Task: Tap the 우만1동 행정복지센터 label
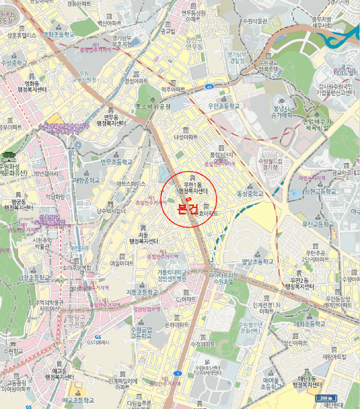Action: (193, 188)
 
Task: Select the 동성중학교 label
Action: (250, 193)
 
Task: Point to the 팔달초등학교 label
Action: (258, 261)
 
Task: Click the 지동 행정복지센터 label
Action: (144, 238)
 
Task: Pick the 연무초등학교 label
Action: (116, 162)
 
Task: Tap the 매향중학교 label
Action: (87, 181)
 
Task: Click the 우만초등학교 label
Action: (224, 106)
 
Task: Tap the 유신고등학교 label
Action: (317, 224)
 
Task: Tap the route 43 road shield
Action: (209, 87)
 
